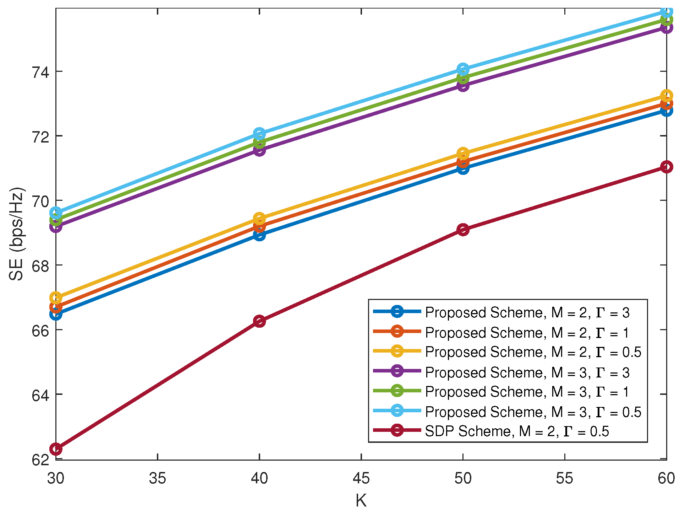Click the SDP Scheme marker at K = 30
click(56, 449)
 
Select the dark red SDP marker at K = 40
click(259, 321)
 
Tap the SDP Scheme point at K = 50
click(463, 230)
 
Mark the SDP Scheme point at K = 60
click(666, 167)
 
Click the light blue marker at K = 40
click(259, 134)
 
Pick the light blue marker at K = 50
click(463, 69)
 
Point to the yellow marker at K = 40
click(259, 218)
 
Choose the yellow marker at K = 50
click(463, 154)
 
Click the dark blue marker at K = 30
click(56, 314)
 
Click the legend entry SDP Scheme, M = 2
click(516, 431)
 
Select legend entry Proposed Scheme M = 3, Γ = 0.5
click(533, 412)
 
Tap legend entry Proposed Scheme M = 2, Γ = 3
click(527, 312)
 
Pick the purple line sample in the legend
click(397, 371)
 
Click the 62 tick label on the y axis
click(40, 460)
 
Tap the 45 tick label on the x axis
click(361, 478)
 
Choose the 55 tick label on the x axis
click(564, 478)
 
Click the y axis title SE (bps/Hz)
click(16, 234)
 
